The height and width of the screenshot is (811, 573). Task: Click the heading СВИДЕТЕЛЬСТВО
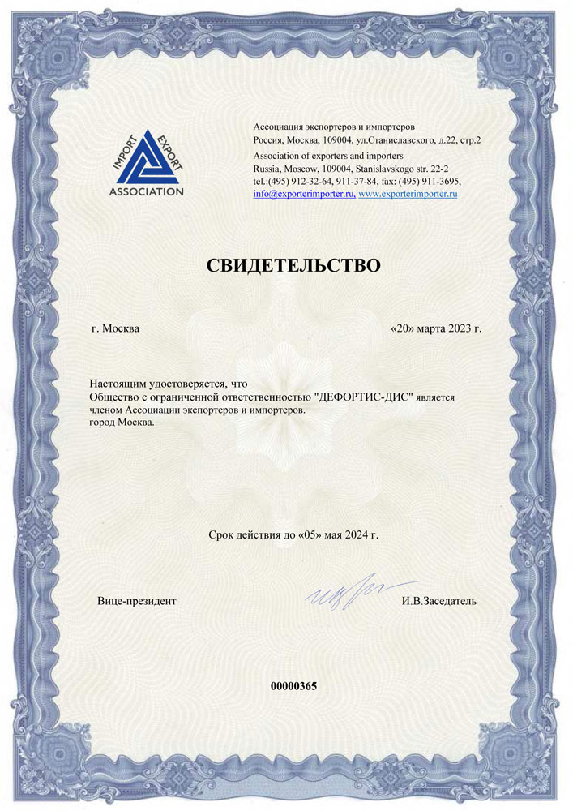point(293,265)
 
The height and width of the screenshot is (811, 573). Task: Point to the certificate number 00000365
point(293,685)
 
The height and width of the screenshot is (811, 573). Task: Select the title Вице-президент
point(136,601)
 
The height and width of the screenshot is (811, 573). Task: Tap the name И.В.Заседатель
point(438,601)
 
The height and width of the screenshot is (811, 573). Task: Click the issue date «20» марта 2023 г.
point(436,329)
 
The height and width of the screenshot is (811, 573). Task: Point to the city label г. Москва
point(115,329)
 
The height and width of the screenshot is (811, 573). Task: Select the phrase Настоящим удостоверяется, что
point(167,383)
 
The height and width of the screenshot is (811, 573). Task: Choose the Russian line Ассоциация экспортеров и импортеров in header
point(334,127)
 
